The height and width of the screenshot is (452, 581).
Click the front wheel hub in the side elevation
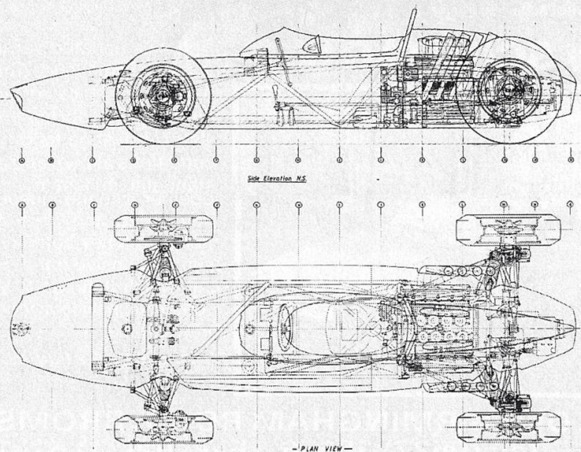pyautogui.click(x=161, y=96)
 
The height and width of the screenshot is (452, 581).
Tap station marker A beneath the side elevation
pyautogui.click(x=22, y=160)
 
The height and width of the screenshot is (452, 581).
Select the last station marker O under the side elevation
pyautogui.click(x=570, y=160)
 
